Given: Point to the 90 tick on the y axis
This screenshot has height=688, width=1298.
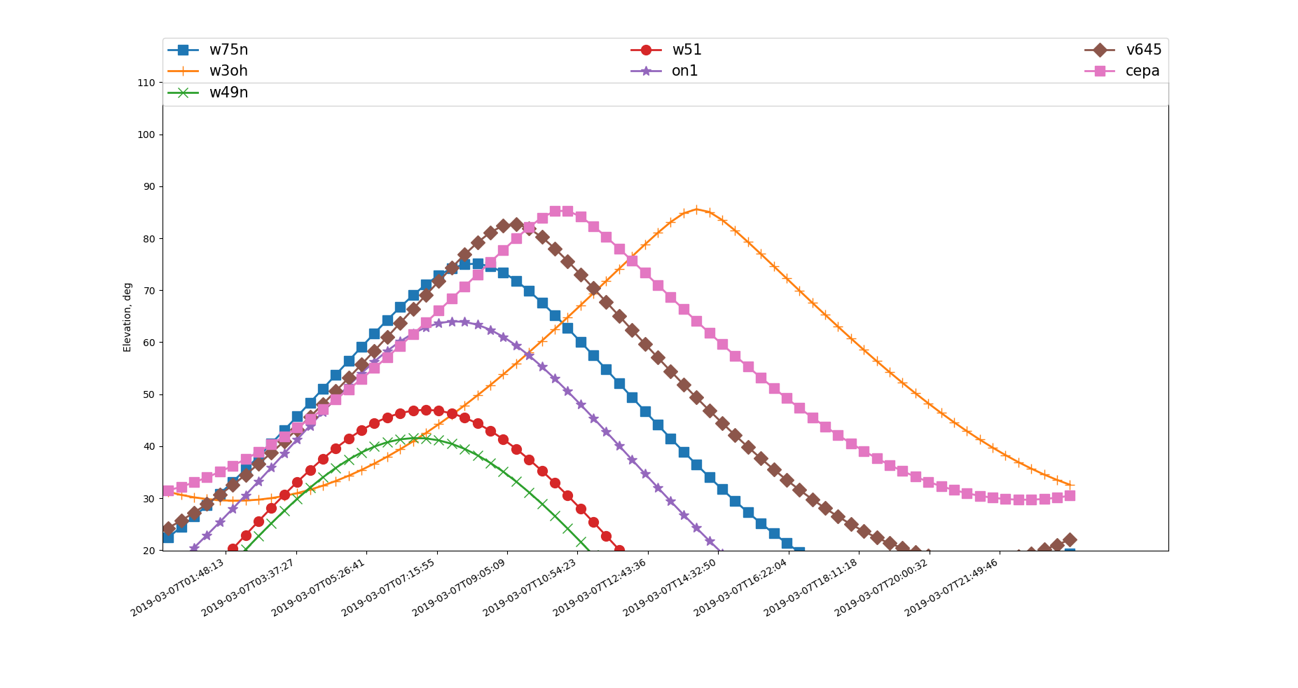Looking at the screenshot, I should point(146,187).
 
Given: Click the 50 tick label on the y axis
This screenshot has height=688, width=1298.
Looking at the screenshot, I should point(146,394).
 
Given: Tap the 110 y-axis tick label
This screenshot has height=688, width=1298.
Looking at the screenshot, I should point(146,83).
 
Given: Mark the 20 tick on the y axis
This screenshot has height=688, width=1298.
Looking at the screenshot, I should point(146,551).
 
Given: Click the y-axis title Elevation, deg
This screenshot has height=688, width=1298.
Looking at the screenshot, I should point(127,317).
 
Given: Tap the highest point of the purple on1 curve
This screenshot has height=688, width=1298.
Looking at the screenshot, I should point(452,322).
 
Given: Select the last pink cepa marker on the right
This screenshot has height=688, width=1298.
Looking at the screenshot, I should point(1070,495).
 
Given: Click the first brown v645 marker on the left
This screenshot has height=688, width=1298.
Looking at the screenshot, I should point(168,529).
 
